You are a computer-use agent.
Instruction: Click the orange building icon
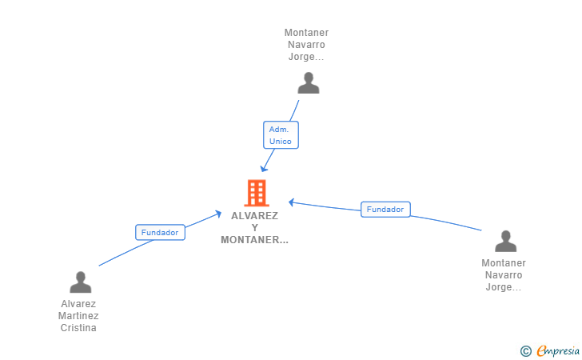[x=257, y=193]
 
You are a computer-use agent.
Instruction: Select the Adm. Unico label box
[x=281, y=135]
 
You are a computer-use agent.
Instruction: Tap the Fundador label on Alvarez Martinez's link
[x=160, y=232]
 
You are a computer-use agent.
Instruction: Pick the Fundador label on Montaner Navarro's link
[x=385, y=209]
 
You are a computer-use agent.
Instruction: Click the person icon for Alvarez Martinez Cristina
[x=81, y=282]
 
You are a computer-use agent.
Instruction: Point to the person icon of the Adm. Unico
[x=309, y=83]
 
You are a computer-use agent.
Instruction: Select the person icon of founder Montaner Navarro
[x=505, y=241]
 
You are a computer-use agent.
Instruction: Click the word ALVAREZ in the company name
[x=254, y=216]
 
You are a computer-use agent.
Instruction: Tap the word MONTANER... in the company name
[x=254, y=240]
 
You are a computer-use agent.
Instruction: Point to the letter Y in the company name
[x=254, y=228]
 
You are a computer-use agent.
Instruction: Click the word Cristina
[x=78, y=328]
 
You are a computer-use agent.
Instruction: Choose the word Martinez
[x=78, y=316]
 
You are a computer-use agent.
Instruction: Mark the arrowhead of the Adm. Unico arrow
[x=263, y=168]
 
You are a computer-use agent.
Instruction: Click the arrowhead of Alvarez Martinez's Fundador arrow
[x=218, y=214]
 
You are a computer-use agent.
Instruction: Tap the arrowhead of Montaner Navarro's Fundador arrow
[x=292, y=202]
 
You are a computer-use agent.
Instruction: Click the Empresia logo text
[x=558, y=350]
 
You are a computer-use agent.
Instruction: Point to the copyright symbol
[x=525, y=351]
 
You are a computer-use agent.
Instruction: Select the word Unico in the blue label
[x=281, y=141]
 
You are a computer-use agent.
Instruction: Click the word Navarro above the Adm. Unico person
[x=307, y=45]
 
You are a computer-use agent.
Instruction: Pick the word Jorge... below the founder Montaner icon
[x=504, y=287]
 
